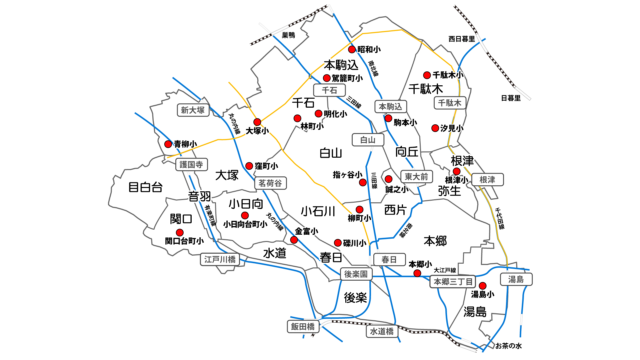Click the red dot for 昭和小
(x=351, y=49)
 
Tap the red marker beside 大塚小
(x=257, y=122)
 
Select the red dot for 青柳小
(x=168, y=144)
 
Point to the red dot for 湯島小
(x=483, y=286)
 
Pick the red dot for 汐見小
(x=436, y=128)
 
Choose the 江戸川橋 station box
(x=218, y=259)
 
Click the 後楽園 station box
(x=356, y=273)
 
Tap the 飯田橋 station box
(x=302, y=326)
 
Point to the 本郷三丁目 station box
(x=452, y=283)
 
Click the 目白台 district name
(x=145, y=186)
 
